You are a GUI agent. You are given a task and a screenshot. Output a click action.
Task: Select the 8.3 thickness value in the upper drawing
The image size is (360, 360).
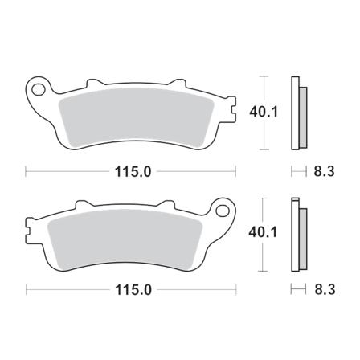click(320, 170)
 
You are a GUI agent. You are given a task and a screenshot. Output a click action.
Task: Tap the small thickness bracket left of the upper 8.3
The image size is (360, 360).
click(297, 170)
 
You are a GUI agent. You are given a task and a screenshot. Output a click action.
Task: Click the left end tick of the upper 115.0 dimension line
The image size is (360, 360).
click(27, 170)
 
